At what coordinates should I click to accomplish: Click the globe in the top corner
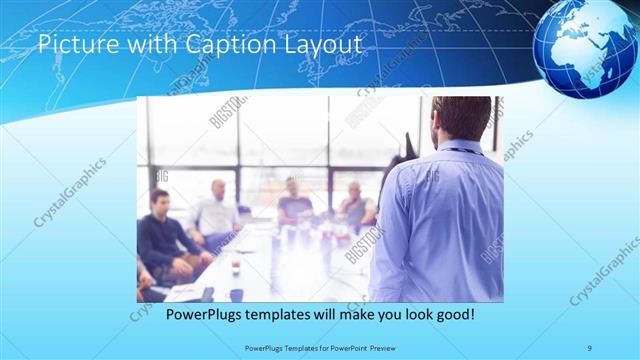click(x=585, y=49)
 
